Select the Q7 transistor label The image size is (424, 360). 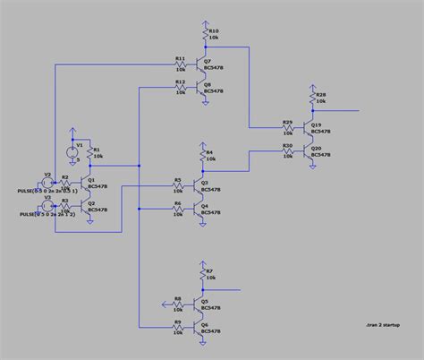(208, 61)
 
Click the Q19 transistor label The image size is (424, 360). (316, 124)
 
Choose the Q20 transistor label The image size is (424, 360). (316, 148)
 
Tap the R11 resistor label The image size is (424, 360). (180, 58)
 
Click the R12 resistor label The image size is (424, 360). (180, 81)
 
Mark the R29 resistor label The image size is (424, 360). (287, 121)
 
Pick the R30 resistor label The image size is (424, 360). (287, 144)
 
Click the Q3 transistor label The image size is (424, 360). (205, 183)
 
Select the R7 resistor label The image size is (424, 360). (209, 270)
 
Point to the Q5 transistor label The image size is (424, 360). (205, 302)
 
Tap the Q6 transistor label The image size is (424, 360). (205, 325)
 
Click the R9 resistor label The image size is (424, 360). (177, 321)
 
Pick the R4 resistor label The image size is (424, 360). (209, 152)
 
